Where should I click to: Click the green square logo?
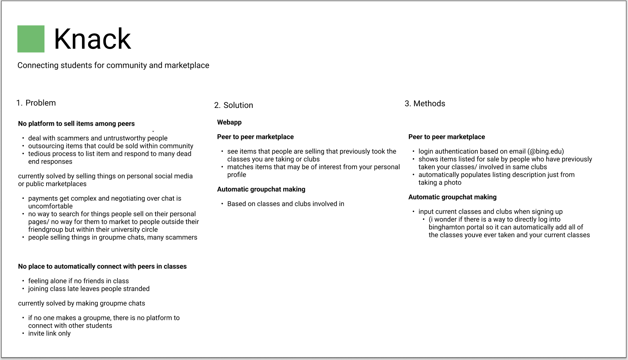[x=31, y=39]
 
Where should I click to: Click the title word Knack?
[x=92, y=39]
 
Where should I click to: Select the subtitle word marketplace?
[x=187, y=65]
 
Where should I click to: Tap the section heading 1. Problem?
[x=36, y=103]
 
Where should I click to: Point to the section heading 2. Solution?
[x=233, y=105]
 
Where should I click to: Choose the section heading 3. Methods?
[x=425, y=104]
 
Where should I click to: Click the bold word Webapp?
[x=229, y=122]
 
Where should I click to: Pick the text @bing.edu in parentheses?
[x=546, y=152]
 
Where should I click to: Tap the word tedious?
[x=39, y=154]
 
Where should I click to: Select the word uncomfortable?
[x=50, y=206]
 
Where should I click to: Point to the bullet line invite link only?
[x=49, y=334]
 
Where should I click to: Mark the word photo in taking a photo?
[x=452, y=183]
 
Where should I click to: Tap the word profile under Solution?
[x=237, y=175]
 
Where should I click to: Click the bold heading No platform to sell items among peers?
[x=76, y=124]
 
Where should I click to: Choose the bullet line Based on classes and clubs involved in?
[x=286, y=204]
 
